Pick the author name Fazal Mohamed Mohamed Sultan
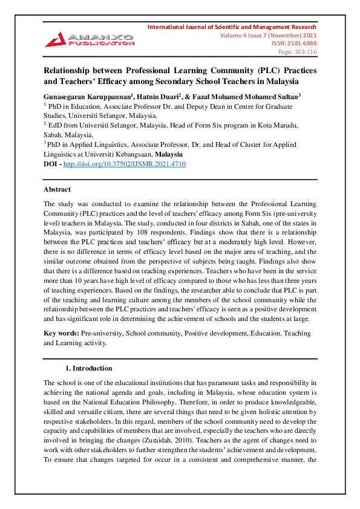pos(245,96)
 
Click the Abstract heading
pos(57,189)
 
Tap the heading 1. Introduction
pos(88,368)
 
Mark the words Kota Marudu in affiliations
pos(283,125)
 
